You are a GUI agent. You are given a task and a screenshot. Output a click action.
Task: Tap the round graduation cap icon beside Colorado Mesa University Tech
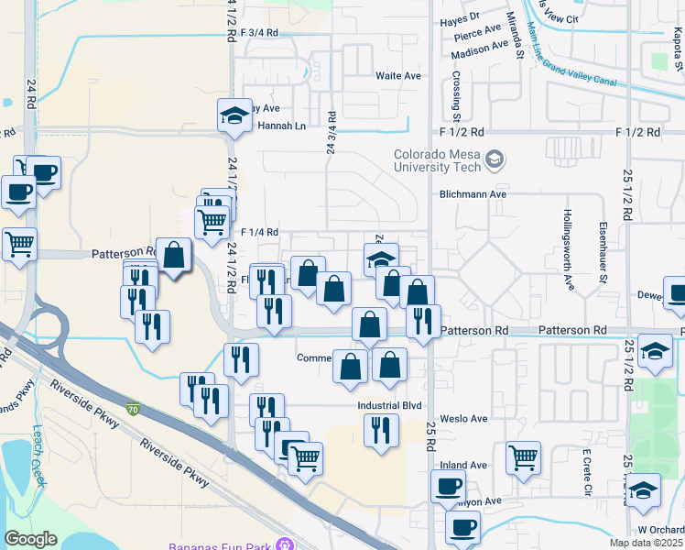tap(495, 160)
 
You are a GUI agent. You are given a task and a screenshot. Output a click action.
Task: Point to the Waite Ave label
tap(397, 75)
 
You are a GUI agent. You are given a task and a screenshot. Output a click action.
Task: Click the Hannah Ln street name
tap(280, 126)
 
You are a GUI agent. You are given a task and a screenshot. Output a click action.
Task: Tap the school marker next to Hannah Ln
tap(234, 116)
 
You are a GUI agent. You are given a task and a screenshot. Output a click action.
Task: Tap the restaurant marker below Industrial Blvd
tap(381, 429)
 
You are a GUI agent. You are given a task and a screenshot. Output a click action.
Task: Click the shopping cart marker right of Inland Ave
tap(523, 456)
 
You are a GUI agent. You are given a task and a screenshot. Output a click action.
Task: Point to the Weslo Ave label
tap(463, 418)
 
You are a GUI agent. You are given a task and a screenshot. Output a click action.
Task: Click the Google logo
tap(30, 539)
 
